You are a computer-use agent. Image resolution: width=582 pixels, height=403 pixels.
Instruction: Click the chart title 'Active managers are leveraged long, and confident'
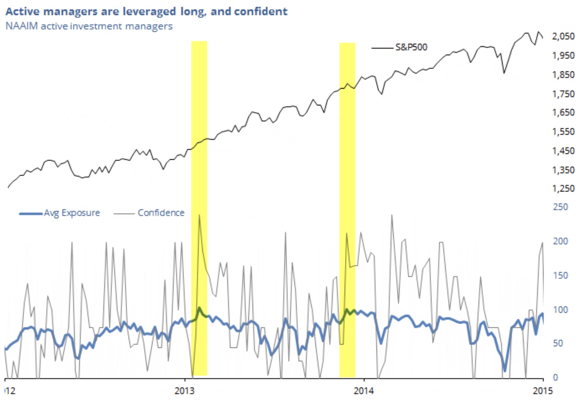click(x=147, y=12)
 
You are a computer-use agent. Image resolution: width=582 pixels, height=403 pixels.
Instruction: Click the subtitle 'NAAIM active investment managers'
click(x=89, y=26)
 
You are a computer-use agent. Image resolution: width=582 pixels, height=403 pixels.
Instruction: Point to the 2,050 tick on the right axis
click(x=563, y=36)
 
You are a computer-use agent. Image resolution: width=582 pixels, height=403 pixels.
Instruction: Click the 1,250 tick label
click(x=563, y=189)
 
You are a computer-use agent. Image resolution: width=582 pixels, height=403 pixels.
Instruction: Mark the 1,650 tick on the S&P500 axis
click(x=563, y=113)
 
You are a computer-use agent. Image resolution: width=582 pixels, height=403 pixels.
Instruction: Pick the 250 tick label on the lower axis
click(x=560, y=207)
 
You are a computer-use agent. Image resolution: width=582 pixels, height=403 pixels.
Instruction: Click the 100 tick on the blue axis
click(x=560, y=310)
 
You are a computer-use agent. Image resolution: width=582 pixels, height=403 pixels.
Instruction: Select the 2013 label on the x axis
click(x=184, y=391)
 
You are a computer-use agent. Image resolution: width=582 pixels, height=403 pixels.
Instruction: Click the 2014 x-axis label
click(x=364, y=391)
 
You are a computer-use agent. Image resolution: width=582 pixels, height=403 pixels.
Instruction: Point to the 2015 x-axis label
click(x=543, y=391)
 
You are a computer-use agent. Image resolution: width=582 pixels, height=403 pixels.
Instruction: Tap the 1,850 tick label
click(x=563, y=75)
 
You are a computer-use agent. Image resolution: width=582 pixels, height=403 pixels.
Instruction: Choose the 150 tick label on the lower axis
click(x=560, y=275)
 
